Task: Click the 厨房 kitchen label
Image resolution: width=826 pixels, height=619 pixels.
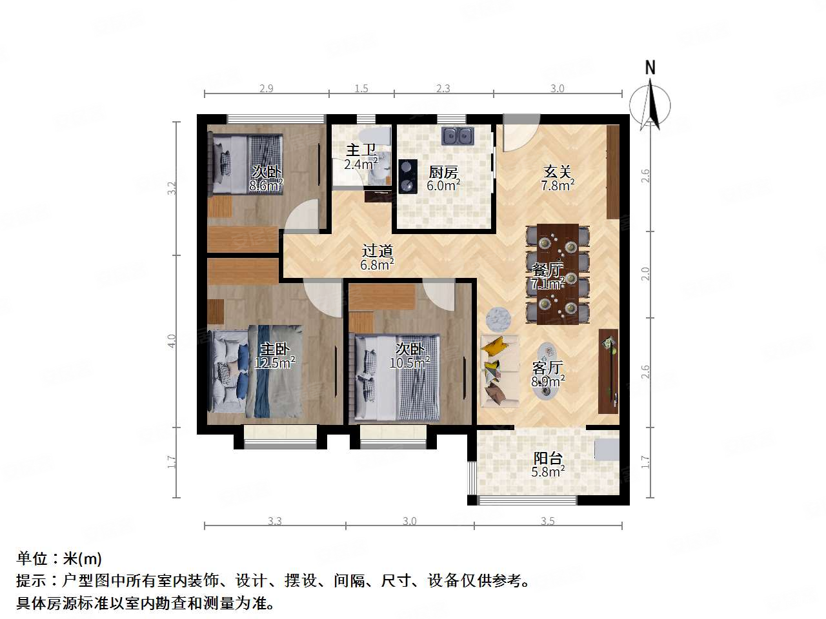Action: point(443,172)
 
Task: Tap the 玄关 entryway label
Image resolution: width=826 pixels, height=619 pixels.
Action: point(558,172)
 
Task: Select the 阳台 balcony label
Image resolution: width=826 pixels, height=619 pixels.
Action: point(548,458)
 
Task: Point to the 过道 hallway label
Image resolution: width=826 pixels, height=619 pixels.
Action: point(378,251)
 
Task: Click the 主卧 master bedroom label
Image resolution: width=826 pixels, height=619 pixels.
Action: point(274,349)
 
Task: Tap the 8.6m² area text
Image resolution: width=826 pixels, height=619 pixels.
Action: point(267,186)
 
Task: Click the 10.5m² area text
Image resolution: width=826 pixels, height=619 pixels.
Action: point(410,363)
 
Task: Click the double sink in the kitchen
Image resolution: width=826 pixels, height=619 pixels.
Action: point(458,136)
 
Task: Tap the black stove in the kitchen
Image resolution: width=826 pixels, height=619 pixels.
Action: point(407,176)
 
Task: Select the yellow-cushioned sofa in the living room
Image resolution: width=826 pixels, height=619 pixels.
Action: point(499,371)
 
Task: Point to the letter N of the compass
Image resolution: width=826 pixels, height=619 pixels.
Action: point(650,68)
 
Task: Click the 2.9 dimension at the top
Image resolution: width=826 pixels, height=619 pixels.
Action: point(266,88)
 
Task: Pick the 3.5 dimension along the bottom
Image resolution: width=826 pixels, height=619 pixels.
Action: point(547,521)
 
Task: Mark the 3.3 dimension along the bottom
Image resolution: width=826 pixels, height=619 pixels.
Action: point(275,521)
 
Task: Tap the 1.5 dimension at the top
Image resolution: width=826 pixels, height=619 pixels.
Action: point(361,88)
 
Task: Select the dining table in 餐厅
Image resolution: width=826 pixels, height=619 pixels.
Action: point(558,274)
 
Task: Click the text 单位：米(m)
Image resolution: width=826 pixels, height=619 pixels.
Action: point(59,558)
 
